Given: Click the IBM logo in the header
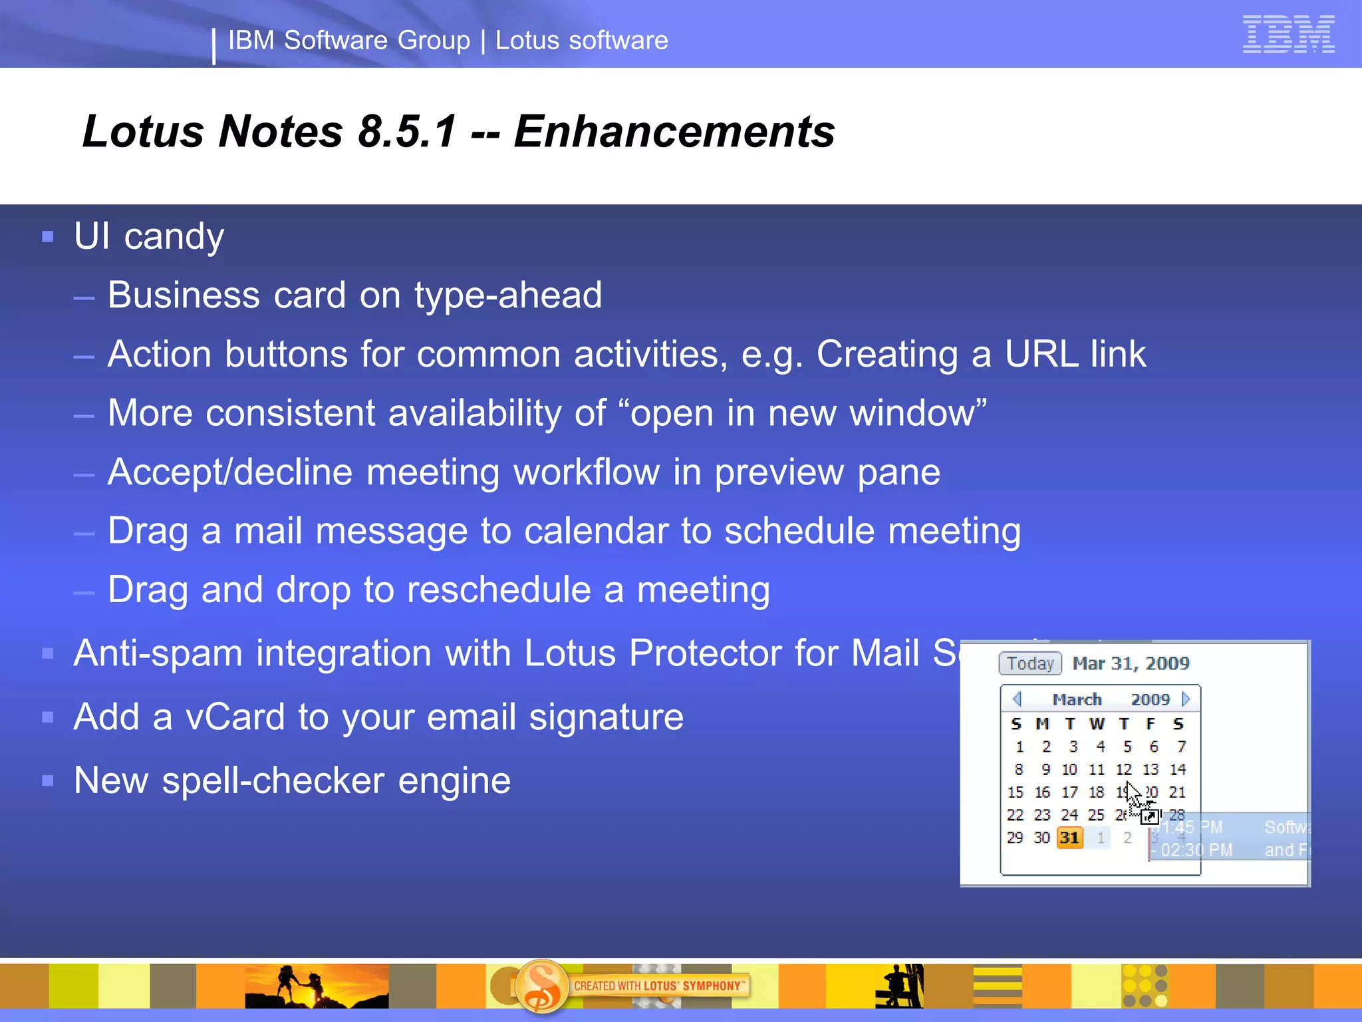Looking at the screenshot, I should tap(1288, 34).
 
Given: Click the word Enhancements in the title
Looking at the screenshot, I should tap(674, 131).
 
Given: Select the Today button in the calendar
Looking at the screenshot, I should tap(1029, 663).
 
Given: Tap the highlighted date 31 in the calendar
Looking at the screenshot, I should tap(1069, 838).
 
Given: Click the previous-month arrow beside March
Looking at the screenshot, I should tap(1016, 699).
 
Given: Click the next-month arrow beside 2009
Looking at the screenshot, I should tap(1186, 699).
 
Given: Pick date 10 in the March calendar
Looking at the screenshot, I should tap(1069, 770).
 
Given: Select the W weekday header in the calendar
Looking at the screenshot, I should tap(1097, 724).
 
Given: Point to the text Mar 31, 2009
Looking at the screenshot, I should tap(1131, 663).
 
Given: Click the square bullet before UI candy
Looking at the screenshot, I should tap(47, 237).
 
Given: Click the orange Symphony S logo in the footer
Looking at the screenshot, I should tap(541, 986).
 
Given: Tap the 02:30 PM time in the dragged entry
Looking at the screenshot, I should tap(1196, 850).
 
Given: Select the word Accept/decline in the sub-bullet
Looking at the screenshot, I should tap(229, 472).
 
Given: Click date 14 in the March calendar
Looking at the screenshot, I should tap(1178, 770).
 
